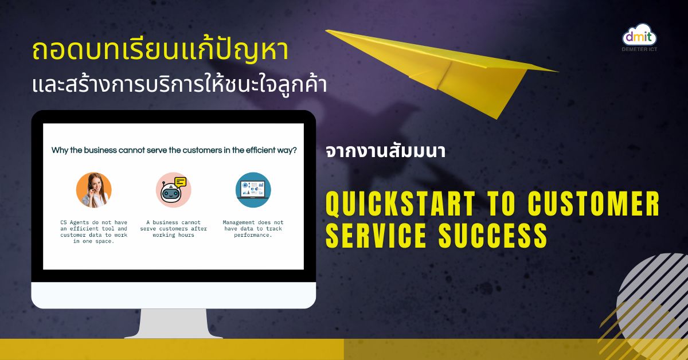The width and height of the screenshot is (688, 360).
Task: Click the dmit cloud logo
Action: pyautogui.click(x=639, y=35)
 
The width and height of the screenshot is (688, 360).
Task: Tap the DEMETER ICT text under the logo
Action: pyautogui.click(x=639, y=49)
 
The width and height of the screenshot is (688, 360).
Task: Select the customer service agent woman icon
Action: pyautogui.click(x=93, y=190)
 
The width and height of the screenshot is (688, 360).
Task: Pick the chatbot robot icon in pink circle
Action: pyautogui.click(x=174, y=190)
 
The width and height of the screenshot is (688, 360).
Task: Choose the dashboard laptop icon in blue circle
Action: pyautogui.click(x=253, y=190)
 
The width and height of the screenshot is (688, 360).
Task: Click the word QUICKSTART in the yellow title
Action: pyautogui.click(x=400, y=204)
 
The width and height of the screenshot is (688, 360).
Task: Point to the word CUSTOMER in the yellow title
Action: pyautogui.click(x=593, y=204)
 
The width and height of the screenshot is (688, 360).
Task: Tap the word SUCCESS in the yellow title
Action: pyautogui.click(x=492, y=235)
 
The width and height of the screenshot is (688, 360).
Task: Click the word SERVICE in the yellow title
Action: pyautogui.click(x=376, y=235)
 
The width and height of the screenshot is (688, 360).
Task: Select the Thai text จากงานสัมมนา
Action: pyautogui.click(x=385, y=151)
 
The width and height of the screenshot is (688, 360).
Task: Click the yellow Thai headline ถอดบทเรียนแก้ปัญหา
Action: pyautogui.click(x=161, y=50)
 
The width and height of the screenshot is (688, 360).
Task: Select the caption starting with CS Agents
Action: pyautogui.click(x=93, y=232)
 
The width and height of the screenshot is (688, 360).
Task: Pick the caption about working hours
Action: pyautogui.click(x=174, y=229)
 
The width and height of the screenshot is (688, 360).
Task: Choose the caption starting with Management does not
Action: pyautogui.click(x=253, y=229)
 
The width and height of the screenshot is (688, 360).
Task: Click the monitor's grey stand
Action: pyautogui.click(x=174, y=323)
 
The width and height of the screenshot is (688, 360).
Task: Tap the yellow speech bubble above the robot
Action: pyautogui.click(x=180, y=182)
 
